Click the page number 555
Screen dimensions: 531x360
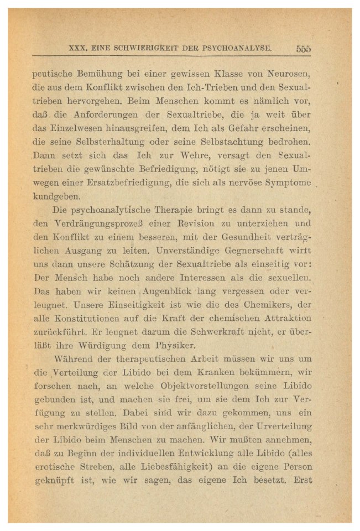(x=303, y=49)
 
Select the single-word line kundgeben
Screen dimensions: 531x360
(x=57, y=196)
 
